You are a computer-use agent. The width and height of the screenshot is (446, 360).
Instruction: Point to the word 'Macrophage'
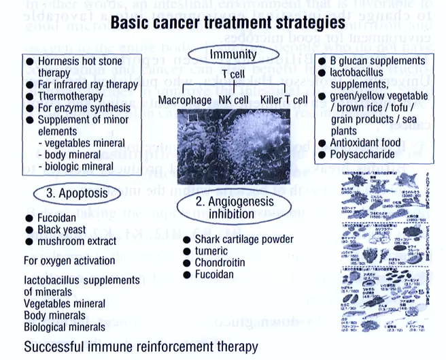186,101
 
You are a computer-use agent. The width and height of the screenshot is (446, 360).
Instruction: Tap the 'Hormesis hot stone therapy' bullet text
75,67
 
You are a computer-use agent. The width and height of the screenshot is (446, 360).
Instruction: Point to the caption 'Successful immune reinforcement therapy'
141,347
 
